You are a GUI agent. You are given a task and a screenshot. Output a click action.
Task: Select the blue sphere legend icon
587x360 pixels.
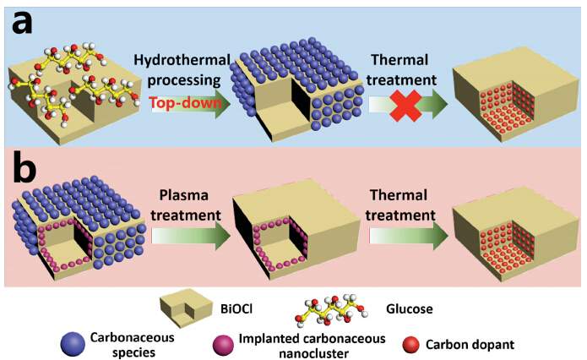pyautogui.click(x=73, y=344)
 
